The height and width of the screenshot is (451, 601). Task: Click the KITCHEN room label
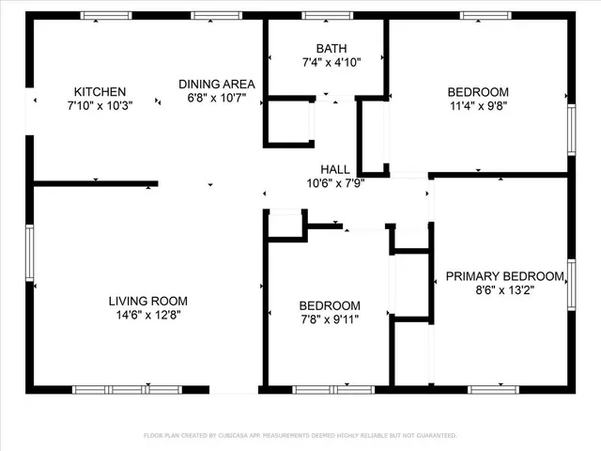pos(100,91)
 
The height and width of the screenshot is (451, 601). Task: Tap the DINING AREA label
pos(217,84)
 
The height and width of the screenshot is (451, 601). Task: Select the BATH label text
pos(331,48)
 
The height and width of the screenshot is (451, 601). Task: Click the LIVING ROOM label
pos(148,301)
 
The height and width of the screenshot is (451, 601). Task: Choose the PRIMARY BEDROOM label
pos(505,275)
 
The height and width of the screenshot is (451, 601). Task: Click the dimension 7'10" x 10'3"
pos(100,106)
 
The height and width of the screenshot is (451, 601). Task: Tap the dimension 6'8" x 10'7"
pos(217,98)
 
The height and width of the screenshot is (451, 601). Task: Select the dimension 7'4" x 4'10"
pos(331,62)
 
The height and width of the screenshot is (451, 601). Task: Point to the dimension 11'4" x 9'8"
pos(478,106)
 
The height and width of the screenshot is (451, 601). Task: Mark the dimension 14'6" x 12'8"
pos(148,316)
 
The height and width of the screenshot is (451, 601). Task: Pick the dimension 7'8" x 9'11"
pos(330,319)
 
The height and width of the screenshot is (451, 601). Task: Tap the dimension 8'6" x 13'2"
pos(505,290)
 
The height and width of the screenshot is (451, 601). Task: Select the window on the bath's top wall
pos(328,15)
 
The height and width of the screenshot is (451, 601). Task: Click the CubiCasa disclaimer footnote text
pos(300,435)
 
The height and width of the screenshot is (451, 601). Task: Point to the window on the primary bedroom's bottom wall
pos(493,389)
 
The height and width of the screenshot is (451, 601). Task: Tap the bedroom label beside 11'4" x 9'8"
pos(478,91)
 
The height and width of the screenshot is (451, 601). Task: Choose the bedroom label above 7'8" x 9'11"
pos(330,305)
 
